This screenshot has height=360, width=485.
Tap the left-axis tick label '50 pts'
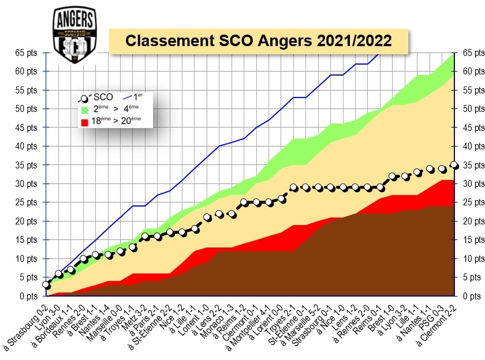(x=26, y=108)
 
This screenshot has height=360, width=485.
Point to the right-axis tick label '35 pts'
(x=469, y=164)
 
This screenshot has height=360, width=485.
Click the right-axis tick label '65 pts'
(x=469, y=52)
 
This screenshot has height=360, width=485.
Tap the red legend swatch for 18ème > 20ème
(x=85, y=121)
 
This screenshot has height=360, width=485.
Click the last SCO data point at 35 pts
(x=454, y=165)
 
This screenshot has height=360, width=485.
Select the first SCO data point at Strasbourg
(x=46, y=285)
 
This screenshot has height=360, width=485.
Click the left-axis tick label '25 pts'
(x=26, y=202)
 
